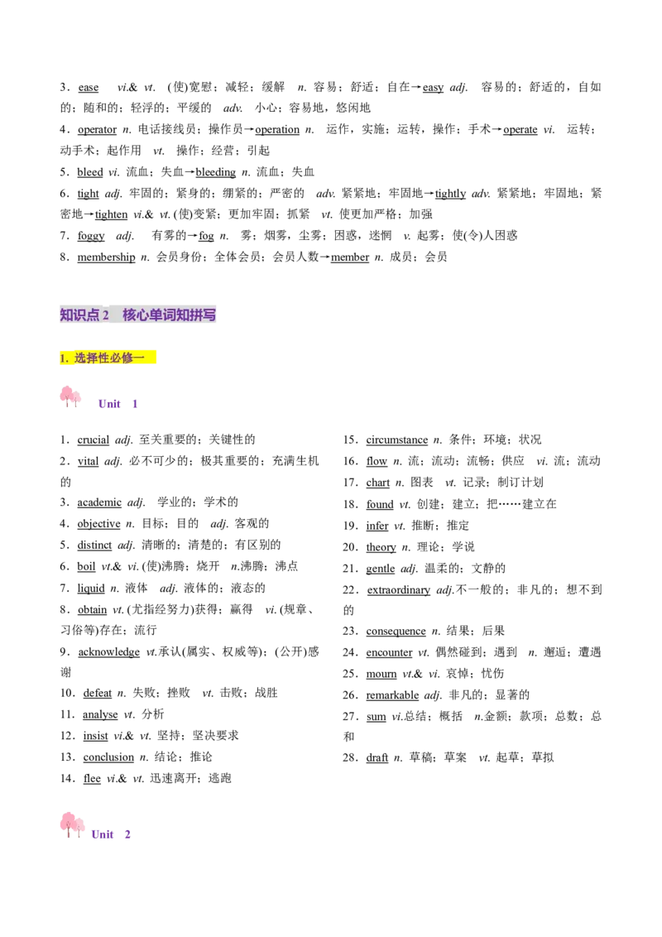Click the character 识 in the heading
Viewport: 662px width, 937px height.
[79, 315]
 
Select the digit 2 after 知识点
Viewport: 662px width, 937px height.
[106, 315]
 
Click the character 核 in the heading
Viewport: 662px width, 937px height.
[130, 315]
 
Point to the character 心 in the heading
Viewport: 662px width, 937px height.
[143, 315]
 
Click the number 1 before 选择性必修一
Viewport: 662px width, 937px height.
[63, 358]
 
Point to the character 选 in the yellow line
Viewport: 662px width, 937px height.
[80, 358]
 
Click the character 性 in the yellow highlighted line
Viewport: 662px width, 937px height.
[103, 358]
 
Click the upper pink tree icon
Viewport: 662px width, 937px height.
[70, 396]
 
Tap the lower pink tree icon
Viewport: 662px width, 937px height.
[71, 824]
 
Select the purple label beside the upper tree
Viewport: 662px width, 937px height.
[109, 404]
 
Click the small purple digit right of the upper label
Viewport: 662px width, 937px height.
[136, 404]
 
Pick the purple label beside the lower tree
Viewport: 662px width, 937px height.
[103, 834]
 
